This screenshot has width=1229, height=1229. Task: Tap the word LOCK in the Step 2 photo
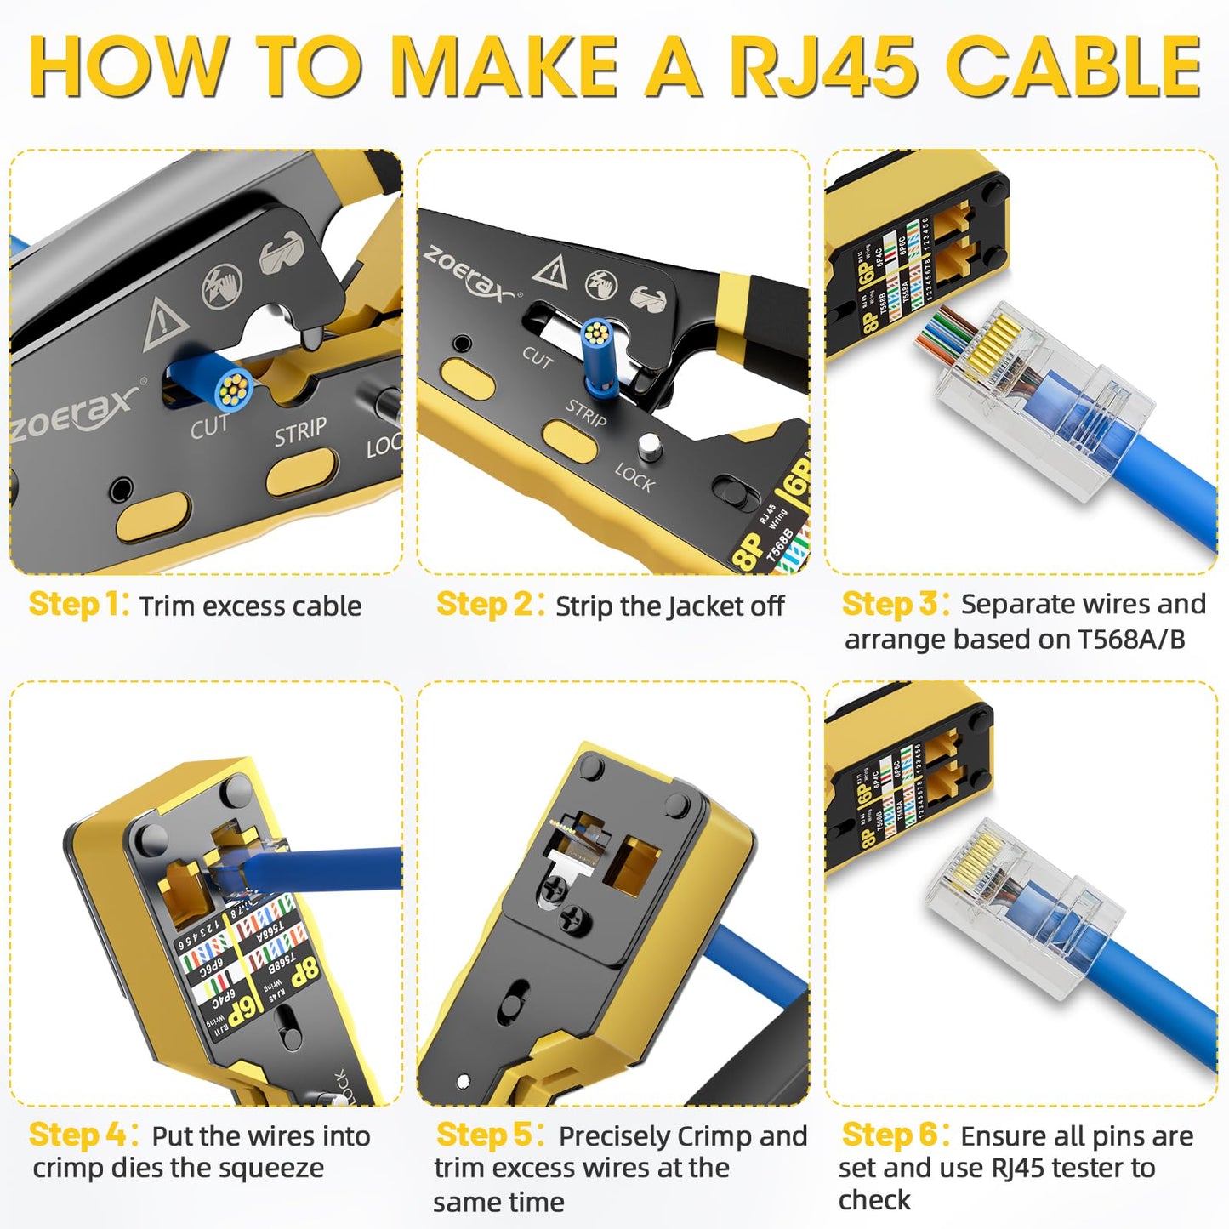click(x=634, y=478)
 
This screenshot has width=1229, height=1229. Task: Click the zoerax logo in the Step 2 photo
click(x=469, y=273)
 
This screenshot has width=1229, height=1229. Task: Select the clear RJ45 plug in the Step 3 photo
click(x=1042, y=400)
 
